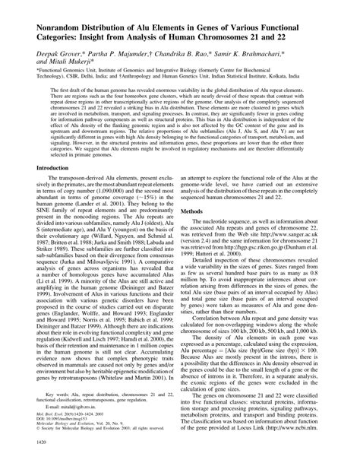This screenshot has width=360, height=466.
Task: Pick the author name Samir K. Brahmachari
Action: pos(270,55)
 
